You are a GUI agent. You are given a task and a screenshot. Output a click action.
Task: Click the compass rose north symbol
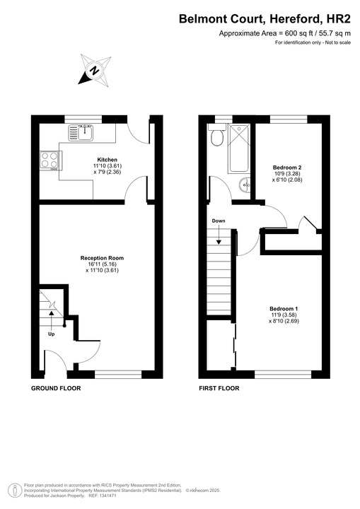pos(94,70)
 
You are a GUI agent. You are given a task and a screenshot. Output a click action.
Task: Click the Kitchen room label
pos(107,160)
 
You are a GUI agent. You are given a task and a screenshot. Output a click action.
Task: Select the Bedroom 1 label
pos(283,309)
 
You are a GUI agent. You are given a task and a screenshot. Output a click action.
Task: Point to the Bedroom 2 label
pos(288,168)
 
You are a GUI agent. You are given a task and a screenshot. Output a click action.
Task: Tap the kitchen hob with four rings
pos(50,160)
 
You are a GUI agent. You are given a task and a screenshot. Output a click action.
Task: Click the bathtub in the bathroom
pos(238,148)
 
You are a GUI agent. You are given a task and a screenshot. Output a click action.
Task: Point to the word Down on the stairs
pos(218,221)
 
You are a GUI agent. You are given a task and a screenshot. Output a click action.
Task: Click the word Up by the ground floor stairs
pos(51,334)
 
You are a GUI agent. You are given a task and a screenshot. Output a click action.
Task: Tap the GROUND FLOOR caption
pos(56,389)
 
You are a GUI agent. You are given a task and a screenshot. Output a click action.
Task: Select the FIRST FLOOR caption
pos(219,389)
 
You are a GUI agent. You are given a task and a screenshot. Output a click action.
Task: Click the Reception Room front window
pos(118,373)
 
